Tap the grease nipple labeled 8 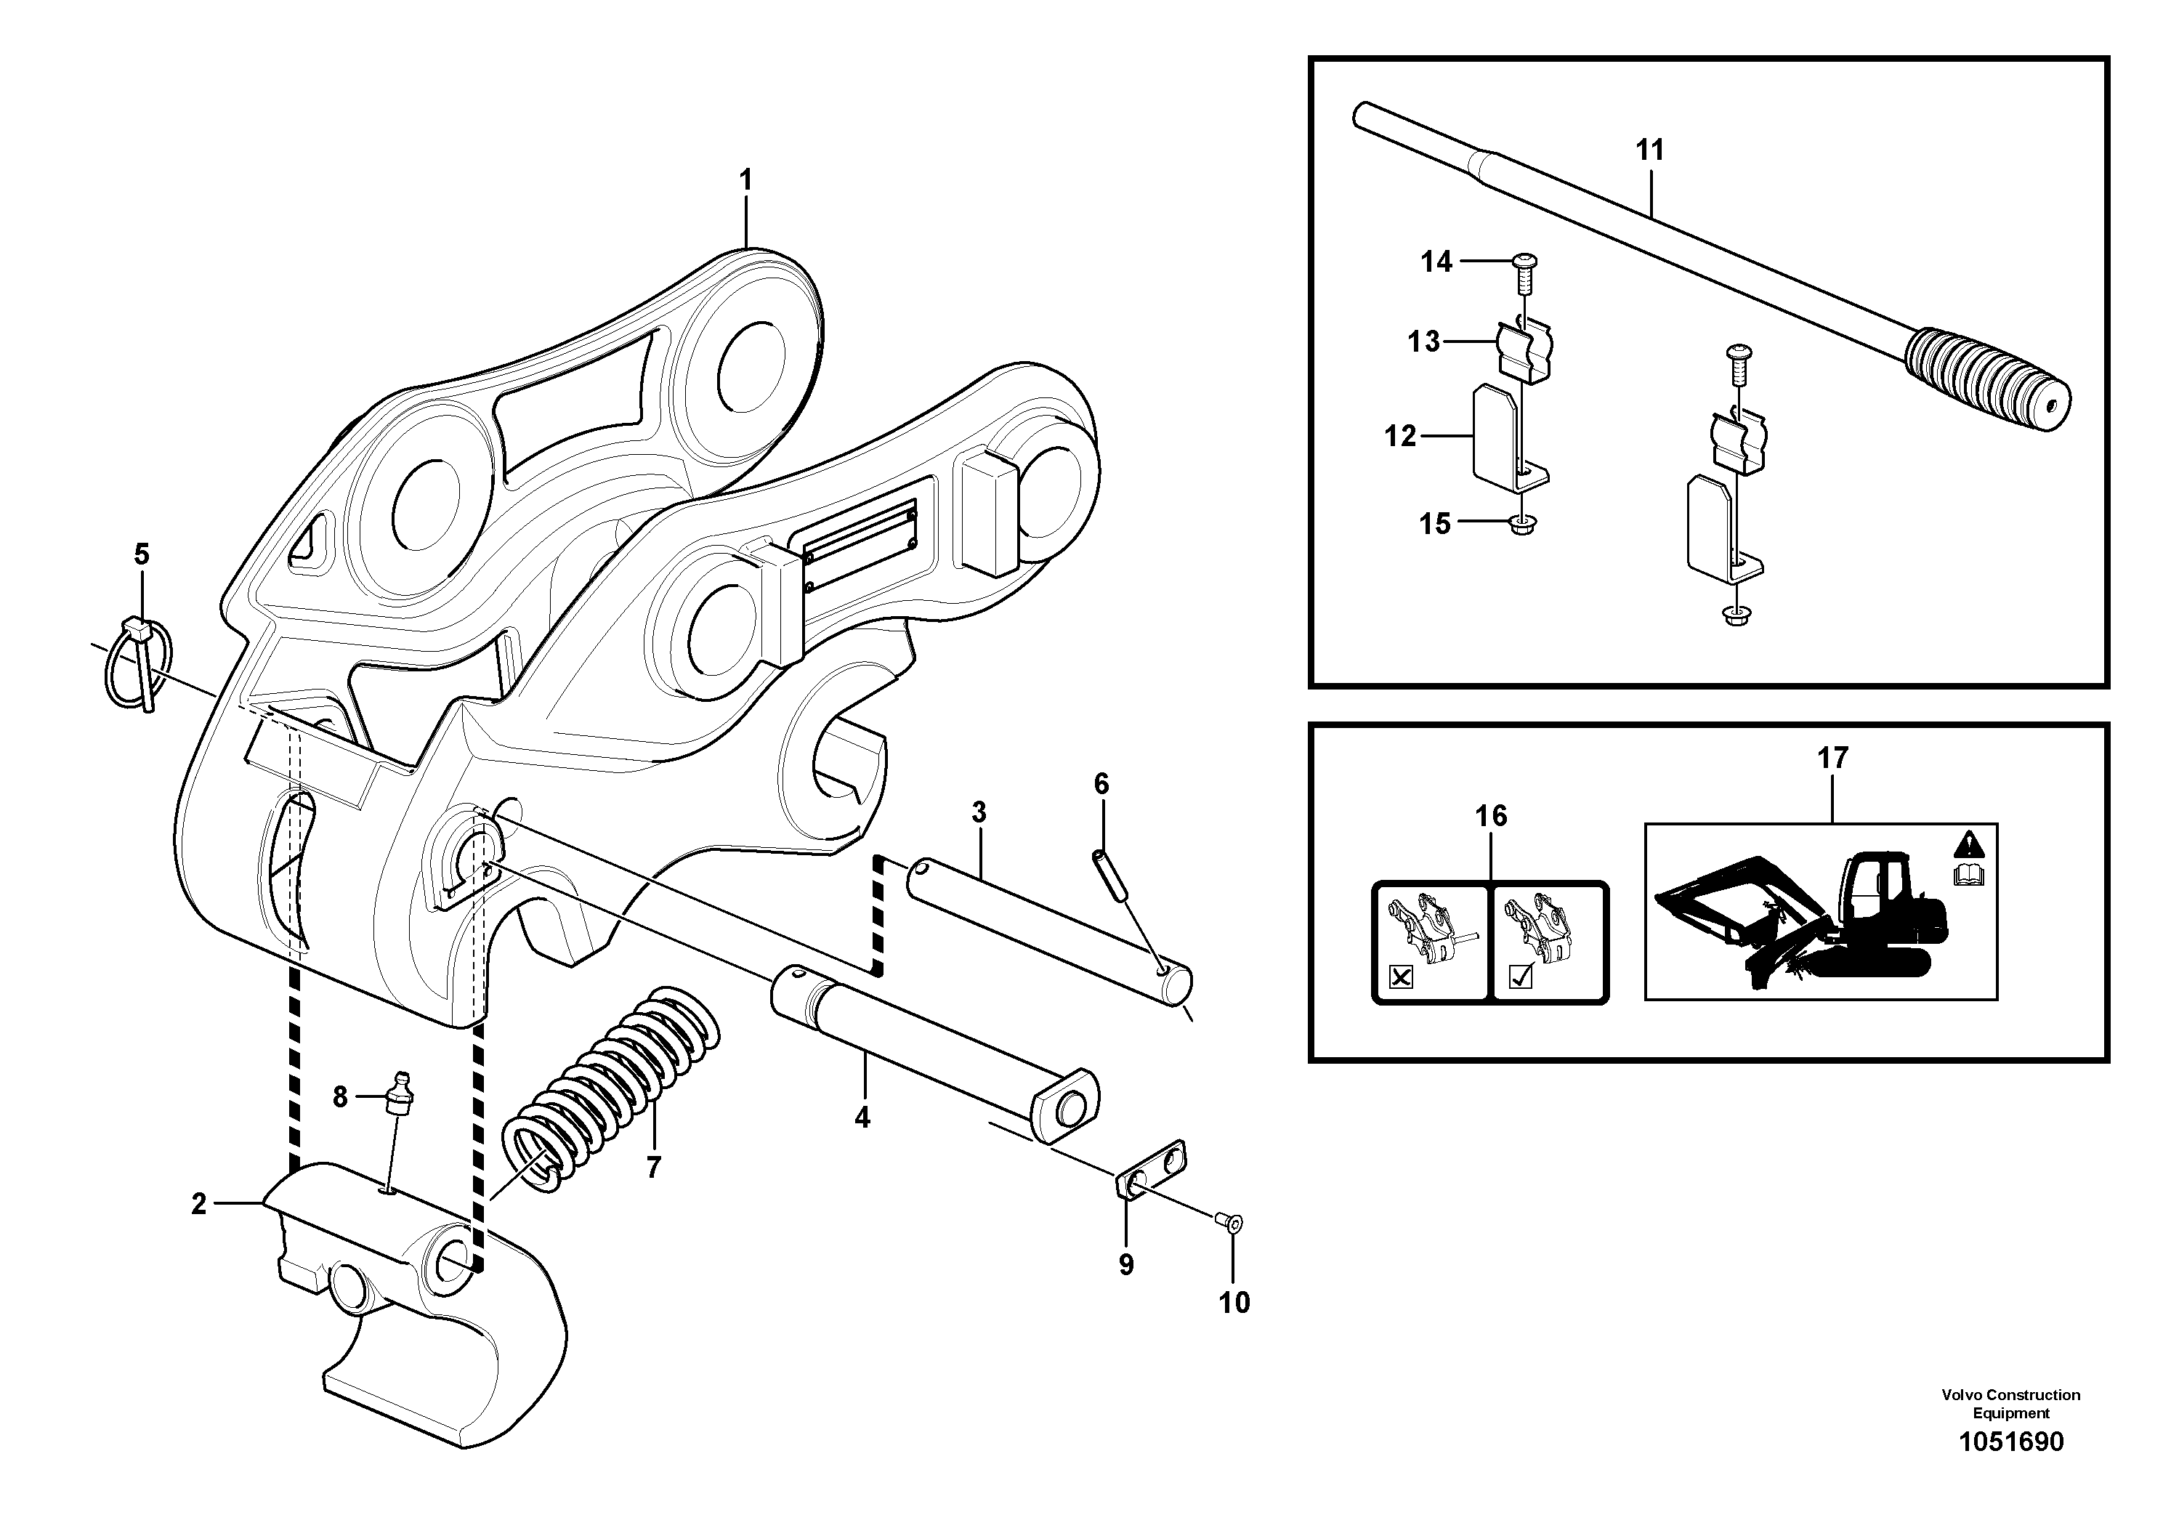pos(400,1093)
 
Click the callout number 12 pos(1400,436)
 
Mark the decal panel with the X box pos(1430,942)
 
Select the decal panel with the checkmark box pos(1549,942)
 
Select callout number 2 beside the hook pos(199,1204)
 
